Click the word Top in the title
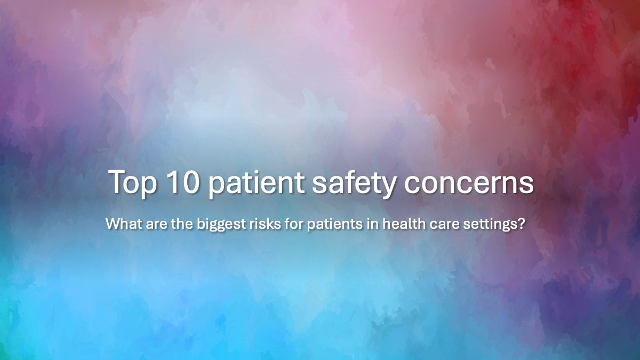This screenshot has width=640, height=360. (x=132, y=183)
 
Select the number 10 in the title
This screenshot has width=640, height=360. (x=181, y=182)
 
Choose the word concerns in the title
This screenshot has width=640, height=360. (x=468, y=183)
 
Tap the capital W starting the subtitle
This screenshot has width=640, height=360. (x=111, y=223)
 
